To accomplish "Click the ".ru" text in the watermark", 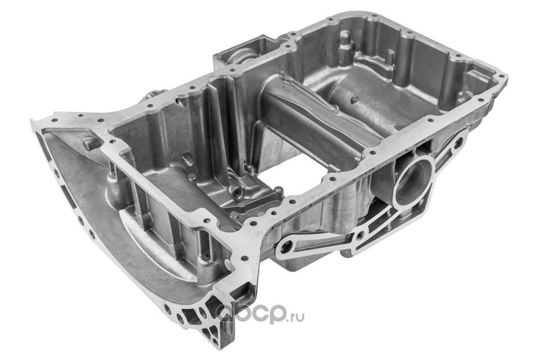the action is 295,317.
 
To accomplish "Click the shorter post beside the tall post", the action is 389,57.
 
